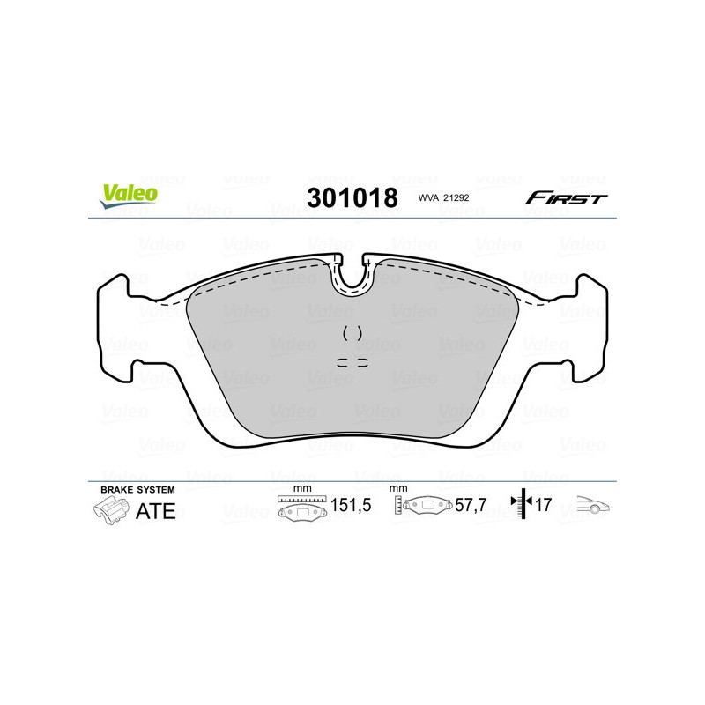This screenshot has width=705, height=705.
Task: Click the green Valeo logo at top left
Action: tap(129, 196)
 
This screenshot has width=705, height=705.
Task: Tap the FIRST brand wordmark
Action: tap(566, 198)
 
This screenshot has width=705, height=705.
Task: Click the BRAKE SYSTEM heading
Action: tap(137, 489)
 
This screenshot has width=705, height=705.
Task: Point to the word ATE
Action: tap(156, 511)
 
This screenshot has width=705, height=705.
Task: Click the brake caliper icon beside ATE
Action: tap(110, 509)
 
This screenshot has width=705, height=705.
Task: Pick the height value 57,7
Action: tap(471, 507)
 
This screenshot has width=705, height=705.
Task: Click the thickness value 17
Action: tap(545, 507)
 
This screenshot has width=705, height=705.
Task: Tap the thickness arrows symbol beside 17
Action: tap(523, 505)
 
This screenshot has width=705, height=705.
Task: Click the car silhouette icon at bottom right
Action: tap(592, 506)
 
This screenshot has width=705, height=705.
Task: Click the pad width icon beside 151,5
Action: tap(302, 508)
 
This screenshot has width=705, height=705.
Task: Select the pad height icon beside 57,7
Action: tap(424, 507)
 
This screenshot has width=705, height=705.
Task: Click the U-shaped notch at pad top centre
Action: tap(352, 275)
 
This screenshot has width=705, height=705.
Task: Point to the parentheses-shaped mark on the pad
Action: tap(352, 333)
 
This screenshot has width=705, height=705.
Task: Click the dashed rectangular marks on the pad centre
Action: tap(352, 361)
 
